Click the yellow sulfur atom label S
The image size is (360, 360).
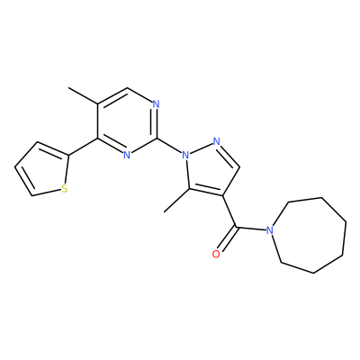coord(64,189)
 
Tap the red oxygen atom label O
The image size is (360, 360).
coord(216,255)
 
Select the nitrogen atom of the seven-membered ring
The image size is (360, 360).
coord(270,230)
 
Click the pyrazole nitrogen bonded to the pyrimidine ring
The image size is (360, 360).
coord(186,155)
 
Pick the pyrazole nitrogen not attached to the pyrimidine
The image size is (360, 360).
coord(217,141)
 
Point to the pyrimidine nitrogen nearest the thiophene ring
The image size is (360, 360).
coord(127,155)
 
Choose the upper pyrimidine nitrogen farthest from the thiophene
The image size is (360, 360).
coord(156,104)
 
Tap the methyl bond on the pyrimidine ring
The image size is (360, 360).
coord(83,96)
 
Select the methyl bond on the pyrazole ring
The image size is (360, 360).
coord(176,201)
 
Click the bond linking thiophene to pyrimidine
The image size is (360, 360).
coord(84,147)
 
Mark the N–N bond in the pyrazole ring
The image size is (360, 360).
coord(202,148)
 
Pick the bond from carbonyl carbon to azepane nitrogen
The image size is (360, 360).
coord(251,229)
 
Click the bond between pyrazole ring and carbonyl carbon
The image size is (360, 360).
coord(229,211)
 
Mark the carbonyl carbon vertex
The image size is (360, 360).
coord(237,227)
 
